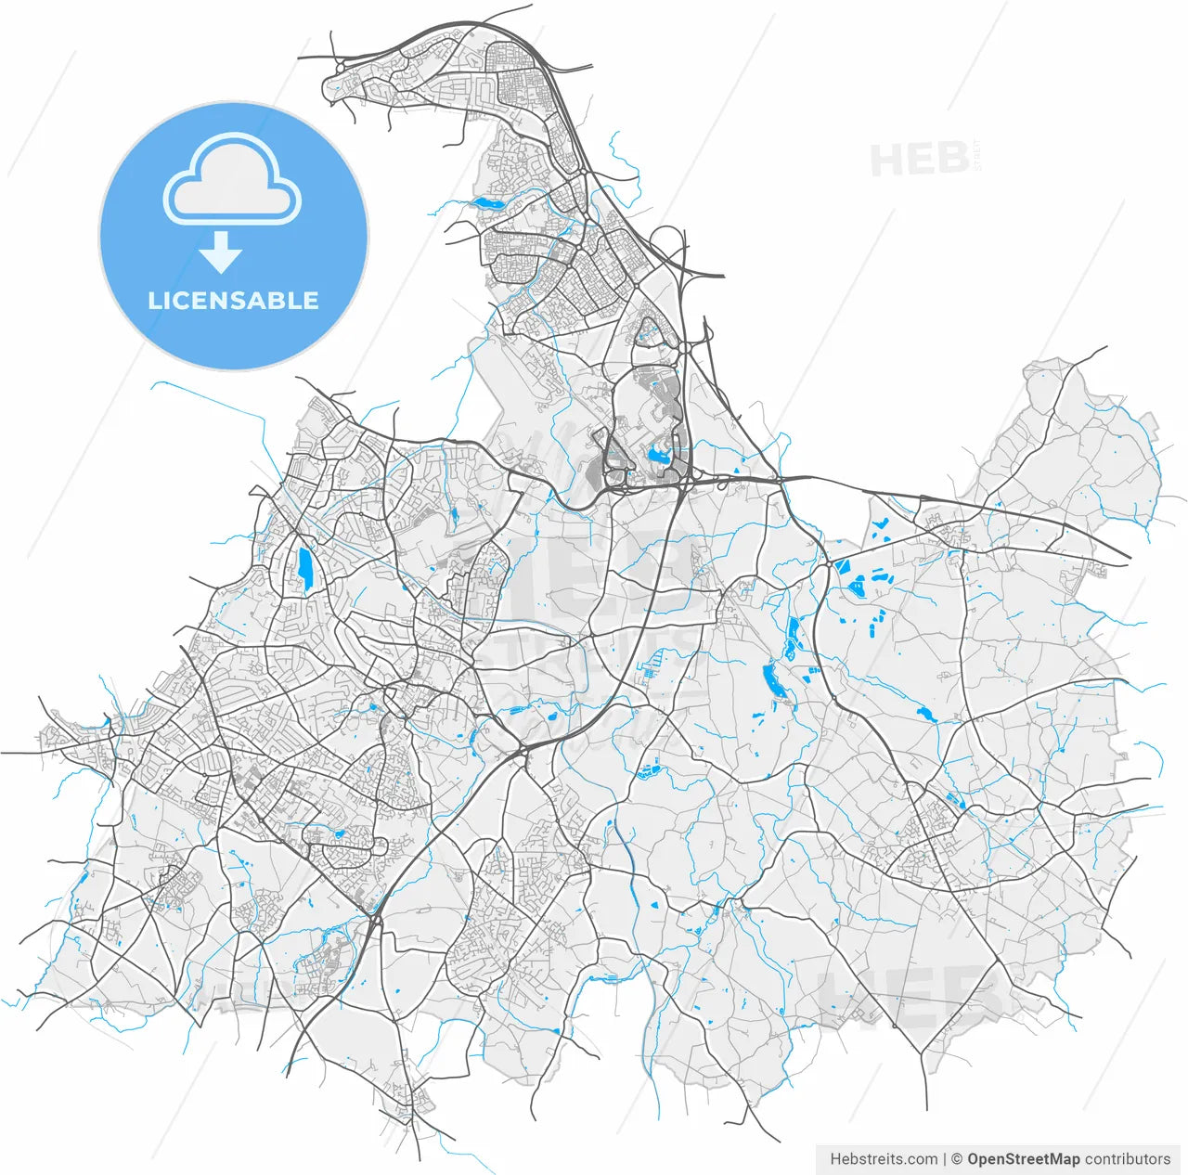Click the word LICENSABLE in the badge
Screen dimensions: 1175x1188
(x=233, y=301)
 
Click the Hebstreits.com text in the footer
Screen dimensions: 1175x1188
(x=884, y=1159)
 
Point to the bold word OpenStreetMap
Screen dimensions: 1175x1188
(x=1023, y=1159)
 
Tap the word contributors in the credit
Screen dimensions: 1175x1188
(x=1128, y=1159)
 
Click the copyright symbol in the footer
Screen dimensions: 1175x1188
(x=956, y=1159)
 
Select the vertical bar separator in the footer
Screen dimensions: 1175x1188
(x=945, y=1159)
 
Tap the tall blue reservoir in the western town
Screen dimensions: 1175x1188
(x=304, y=569)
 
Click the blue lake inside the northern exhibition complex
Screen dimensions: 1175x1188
(x=660, y=455)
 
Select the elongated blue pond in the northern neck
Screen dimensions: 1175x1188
(x=487, y=202)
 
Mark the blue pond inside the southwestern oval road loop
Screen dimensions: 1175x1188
(x=340, y=834)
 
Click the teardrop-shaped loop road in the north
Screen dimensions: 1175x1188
(x=650, y=331)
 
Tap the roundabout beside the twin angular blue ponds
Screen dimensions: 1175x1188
(x=825, y=563)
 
